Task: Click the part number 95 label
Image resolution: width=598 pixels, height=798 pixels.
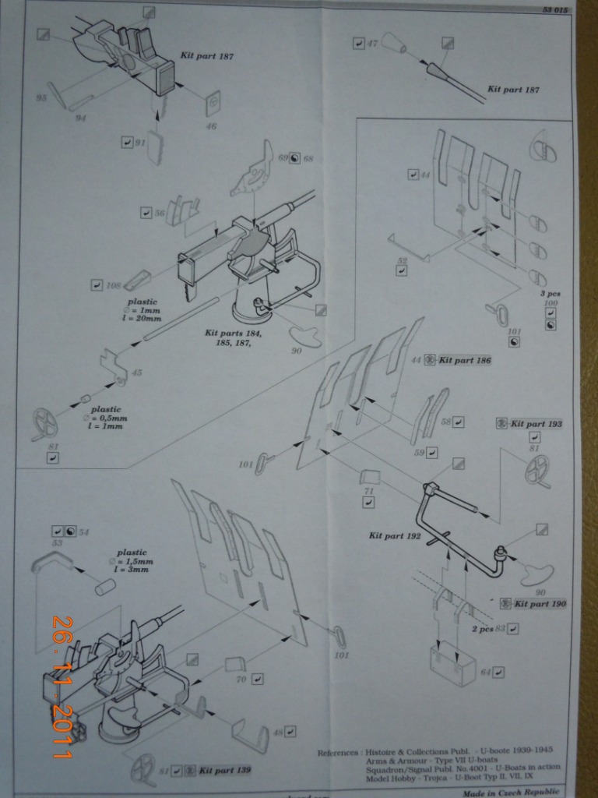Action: [42, 98]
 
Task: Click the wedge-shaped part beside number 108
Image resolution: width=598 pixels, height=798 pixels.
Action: [135, 279]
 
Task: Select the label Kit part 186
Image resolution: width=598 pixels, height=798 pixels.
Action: [466, 360]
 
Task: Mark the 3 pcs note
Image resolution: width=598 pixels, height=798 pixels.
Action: [550, 295]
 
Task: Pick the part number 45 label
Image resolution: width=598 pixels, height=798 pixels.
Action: [137, 373]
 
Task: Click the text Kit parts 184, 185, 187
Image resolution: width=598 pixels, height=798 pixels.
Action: [233, 337]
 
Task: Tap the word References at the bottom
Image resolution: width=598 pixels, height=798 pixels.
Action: [338, 753]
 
